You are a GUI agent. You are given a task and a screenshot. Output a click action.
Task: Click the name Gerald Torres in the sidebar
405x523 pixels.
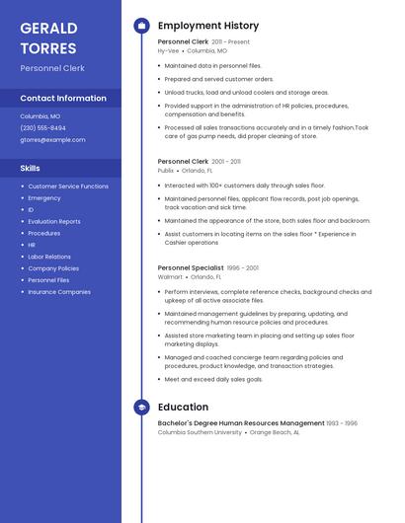[x=49, y=37]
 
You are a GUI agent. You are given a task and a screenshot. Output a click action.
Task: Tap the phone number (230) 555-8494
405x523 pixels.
[x=43, y=128]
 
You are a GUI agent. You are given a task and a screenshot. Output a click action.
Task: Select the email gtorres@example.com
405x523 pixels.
[x=52, y=140]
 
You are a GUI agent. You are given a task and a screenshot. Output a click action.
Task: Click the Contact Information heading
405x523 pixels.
[x=63, y=99]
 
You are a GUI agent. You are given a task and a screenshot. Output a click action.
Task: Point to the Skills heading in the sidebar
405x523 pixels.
[x=30, y=169]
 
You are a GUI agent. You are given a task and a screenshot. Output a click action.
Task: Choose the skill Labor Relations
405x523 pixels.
[x=49, y=257]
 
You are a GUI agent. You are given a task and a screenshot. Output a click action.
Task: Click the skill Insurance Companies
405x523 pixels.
[x=59, y=292]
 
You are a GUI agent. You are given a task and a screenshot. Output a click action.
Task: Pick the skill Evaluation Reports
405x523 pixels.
[x=54, y=221]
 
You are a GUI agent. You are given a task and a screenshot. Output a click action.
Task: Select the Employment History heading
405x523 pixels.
[x=208, y=26]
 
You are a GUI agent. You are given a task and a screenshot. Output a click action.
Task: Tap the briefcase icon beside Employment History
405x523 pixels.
[x=141, y=26]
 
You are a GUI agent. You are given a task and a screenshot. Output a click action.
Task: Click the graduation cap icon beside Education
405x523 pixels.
[x=141, y=407]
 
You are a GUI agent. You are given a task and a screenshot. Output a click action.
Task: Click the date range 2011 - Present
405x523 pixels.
[x=230, y=42]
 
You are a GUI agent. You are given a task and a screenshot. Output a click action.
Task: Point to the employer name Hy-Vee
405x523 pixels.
[x=168, y=50]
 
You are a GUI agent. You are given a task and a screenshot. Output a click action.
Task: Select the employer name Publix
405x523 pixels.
[x=166, y=170]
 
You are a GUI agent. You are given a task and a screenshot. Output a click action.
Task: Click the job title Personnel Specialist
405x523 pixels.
[x=191, y=267]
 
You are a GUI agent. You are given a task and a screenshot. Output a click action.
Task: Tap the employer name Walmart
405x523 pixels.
[x=170, y=277]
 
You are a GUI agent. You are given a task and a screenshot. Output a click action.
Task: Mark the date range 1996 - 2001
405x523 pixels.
[x=243, y=267]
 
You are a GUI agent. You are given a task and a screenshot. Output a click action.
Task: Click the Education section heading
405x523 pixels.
[x=183, y=407]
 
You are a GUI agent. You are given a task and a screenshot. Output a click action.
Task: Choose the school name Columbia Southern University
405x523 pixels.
[x=200, y=432]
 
